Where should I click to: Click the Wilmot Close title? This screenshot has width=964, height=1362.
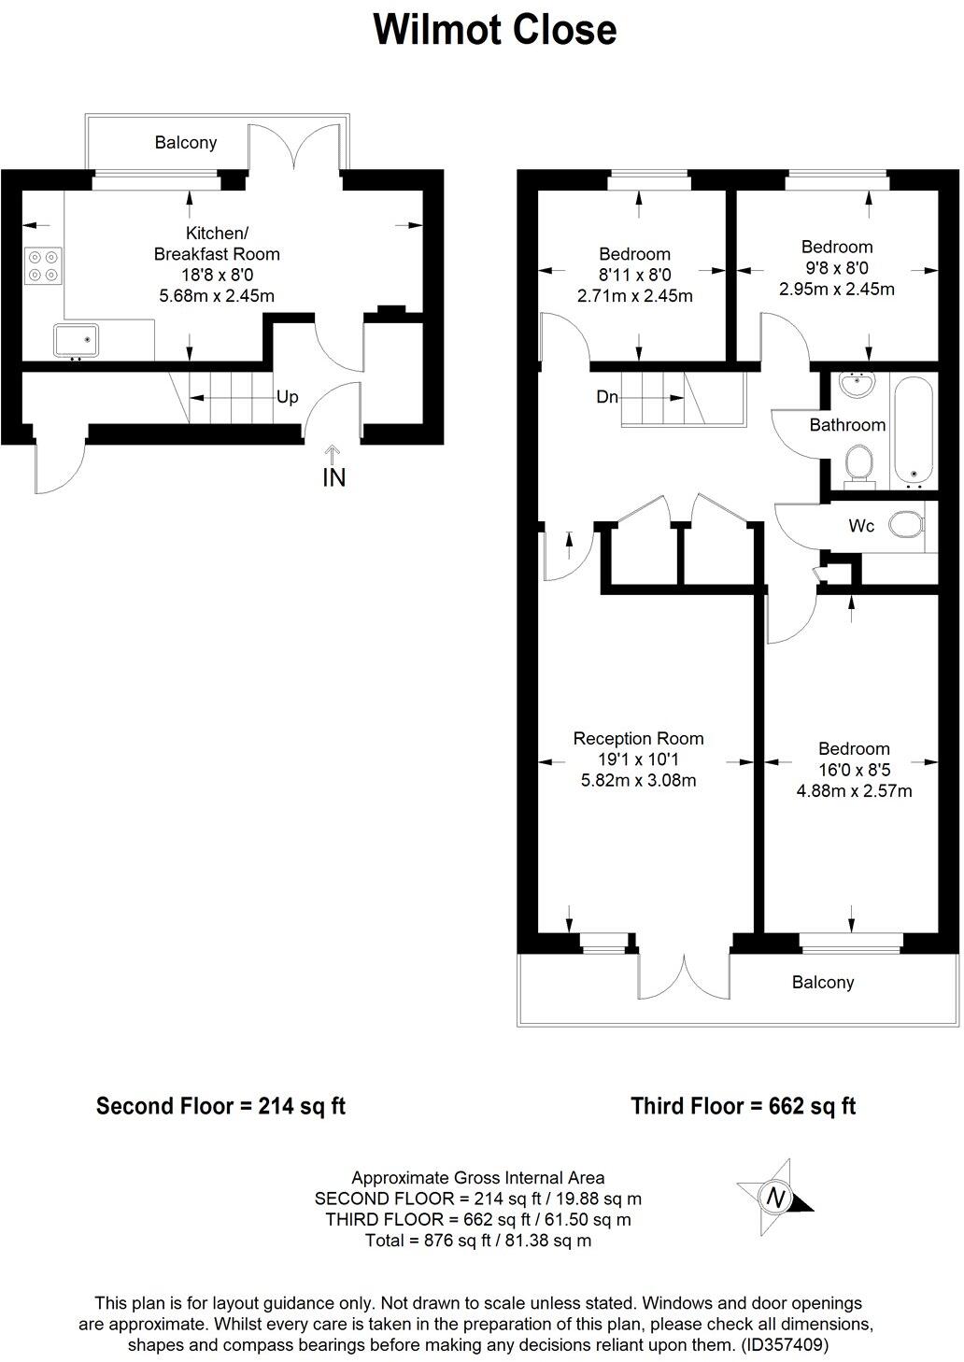pos(494,30)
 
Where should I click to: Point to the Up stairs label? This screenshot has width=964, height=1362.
pos(287,397)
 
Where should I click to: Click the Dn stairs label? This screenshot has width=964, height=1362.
pos(607,397)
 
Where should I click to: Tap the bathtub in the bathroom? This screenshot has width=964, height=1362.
pos(914,430)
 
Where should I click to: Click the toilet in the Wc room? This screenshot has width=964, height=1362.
pos(904,525)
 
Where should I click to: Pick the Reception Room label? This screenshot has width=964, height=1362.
pos(638,738)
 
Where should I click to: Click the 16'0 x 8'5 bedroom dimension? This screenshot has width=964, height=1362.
pos(854,769)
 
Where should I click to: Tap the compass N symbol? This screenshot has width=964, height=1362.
pos(774,1196)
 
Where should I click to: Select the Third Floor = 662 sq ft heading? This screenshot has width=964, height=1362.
pos(744,1106)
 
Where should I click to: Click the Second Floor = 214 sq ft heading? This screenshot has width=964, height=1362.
pos(221,1106)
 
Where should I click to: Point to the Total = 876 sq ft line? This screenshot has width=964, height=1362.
pos(477,1241)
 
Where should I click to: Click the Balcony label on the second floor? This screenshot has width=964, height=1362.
pos(186,142)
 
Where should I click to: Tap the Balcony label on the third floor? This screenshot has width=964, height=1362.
pos(823,982)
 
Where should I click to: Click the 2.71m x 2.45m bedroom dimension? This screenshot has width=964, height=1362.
pos(635,296)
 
